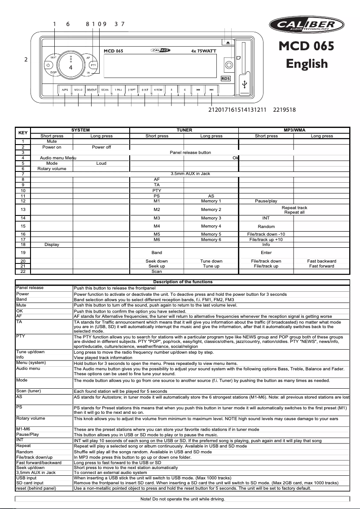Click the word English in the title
pyautogui.click(x=307, y=64)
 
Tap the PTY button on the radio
pyautogui.click(x=93, y=65)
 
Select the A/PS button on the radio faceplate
pyautogui.click(x=65, y=90)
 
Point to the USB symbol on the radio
pyautogui.click(x=245, y=84)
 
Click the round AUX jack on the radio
pyautogui.click(x=229, y=65)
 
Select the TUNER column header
pyautogui.click(x=184, y=130)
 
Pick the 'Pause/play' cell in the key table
pyautogui.click(x=266, y=201)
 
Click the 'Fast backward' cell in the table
pyautogui.click(x=321, y=261)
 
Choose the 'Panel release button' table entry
pyautogui.click(x=190, y=153)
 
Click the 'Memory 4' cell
pyautogui.click(x=211, y=226)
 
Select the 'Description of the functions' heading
pyautogui.click(x=183, y=282)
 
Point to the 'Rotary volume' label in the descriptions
pyautogui.click(x=31, y=418)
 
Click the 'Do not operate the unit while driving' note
pyautogui.click(x=183, y=499)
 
